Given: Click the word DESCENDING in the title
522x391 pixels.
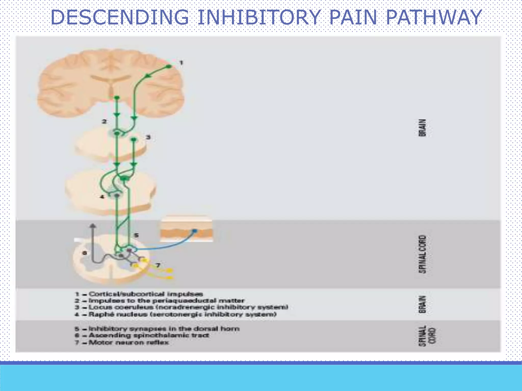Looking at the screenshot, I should tap(120, 17).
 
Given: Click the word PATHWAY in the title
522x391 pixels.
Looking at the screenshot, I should tap(433, 17).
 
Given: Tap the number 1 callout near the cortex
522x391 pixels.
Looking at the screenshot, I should tap(181, 62).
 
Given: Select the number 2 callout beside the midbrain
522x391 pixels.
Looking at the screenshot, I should tap(104, 121).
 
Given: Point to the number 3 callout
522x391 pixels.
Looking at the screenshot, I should tap(148, 137).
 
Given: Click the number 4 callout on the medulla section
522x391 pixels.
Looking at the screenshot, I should tap(102, 197).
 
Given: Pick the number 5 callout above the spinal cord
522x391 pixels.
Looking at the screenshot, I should tap(136, 235).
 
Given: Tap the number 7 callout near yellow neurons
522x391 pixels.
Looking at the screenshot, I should tap(158, 265).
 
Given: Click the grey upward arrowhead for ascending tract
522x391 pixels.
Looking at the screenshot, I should tap(93, 226).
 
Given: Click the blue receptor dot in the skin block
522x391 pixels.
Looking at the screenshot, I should tap(194, 231).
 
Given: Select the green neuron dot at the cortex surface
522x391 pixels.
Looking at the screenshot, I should tap(169, 66).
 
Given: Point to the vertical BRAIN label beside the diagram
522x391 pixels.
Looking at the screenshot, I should tap(422, 128).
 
